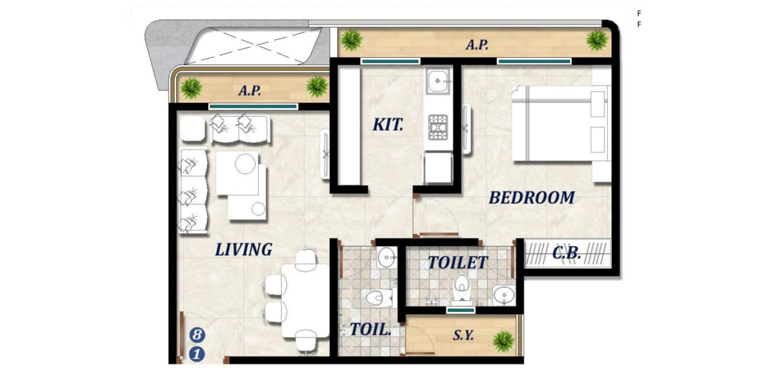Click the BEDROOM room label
click(532, 198)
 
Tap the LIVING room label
click(244, 250)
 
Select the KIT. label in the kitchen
click(388, 125)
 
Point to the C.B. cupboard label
click(567, 253)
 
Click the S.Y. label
click(463, 335)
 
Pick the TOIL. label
click(370, 330)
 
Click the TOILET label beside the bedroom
click(458, 263)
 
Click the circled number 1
click(197, 354)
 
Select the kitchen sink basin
click(438, 81)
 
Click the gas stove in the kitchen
click(438, 127)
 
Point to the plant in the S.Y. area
click(504, 341)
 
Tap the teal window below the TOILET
click(461, 310)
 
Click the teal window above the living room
click(253, 106)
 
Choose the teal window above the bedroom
click(534, 61)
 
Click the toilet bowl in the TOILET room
click(461, 287)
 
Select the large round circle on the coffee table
click(246, 163)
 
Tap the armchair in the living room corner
click(193, 128)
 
